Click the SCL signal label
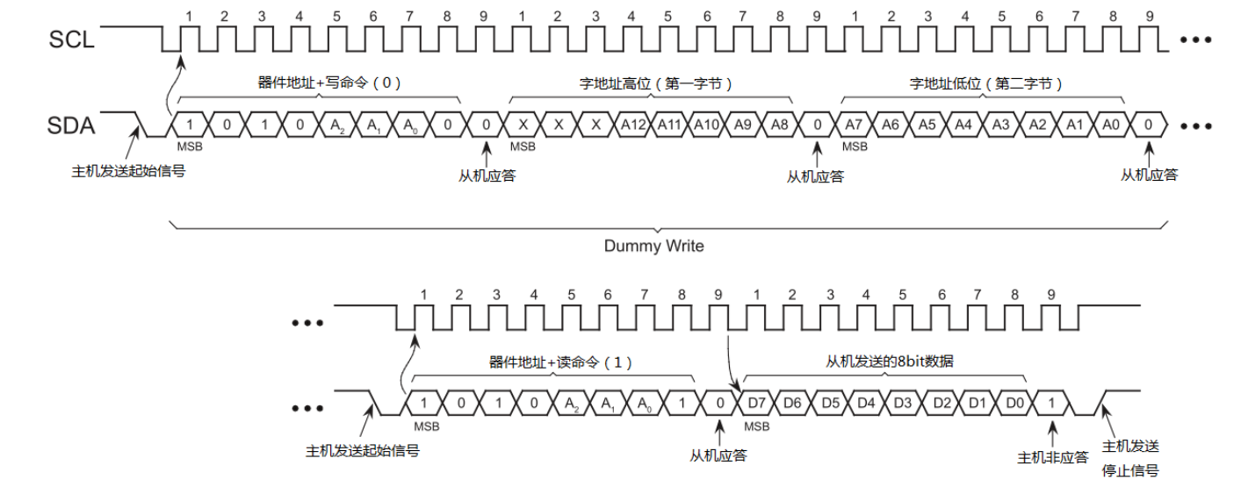[71, 39]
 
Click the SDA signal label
[71, 125]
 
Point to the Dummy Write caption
[653, 246]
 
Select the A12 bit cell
[632, 125]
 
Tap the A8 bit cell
[780, 125]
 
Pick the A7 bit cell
[854, 125]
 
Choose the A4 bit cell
[963, 125]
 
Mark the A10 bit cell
[706, 125]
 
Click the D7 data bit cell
[756, 403]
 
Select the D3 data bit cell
[903, 403]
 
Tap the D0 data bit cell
[1014, 403]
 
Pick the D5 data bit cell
[831, 403]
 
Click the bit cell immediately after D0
[1051, 403]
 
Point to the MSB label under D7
[757, 426]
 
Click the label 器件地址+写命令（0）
[329, 83]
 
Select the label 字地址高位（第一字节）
[656, 84]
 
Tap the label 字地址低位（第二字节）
[986, 84]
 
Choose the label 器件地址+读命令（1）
[560, 362]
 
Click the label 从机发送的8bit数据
[890, 362]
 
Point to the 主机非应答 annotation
[1053, 458]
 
